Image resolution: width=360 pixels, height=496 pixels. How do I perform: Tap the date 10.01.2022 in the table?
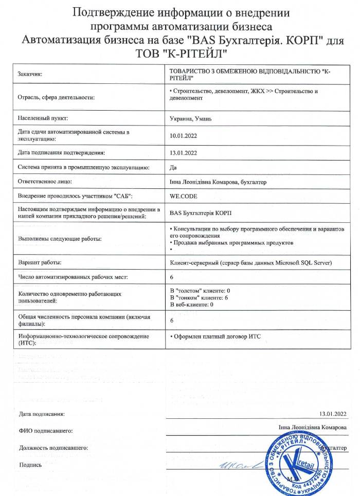click(184, 136)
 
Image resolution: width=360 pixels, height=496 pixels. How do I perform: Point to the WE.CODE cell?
click(183, 196)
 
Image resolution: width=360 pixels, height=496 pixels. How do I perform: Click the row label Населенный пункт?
click(46, 118)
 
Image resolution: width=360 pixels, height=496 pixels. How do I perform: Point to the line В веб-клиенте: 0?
click(191, 305)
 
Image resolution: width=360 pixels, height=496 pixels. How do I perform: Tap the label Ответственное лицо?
click(45, 181)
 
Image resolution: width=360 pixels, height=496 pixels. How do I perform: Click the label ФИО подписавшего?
click(45, 431)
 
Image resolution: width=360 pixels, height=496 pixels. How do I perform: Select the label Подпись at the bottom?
click(30, 465)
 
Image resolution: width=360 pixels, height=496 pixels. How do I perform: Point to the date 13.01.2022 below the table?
click(333, 413)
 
